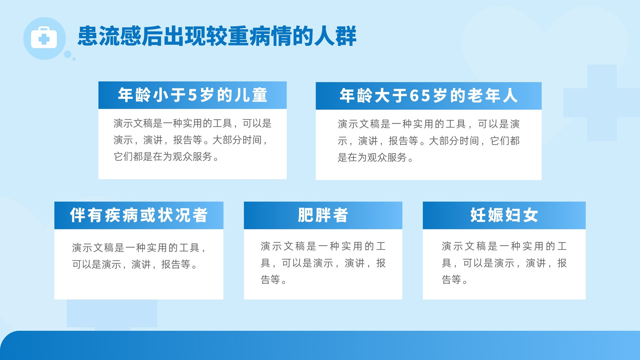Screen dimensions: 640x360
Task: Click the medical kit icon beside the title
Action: tap(44, 38)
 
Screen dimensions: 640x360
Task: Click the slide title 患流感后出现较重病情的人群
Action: tap(217, 36)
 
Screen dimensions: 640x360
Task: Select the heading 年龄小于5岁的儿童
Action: tap(192, 95)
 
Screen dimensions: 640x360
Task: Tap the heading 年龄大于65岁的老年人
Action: tap(428, 96)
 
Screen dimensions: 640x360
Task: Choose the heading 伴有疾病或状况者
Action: tap(139, 215)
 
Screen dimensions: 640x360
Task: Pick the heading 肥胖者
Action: tap(323, 215)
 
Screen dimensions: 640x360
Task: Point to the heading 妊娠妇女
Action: tap(504, 215)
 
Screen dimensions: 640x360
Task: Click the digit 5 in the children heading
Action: tap(192, 95)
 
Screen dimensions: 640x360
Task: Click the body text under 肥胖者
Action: tap(323, 263)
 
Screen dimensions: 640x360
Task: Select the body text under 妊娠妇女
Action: tap(504, 263)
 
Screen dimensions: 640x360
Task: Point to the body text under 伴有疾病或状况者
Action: tap(139, 256)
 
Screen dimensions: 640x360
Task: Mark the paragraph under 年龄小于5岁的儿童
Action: tap(192, 140)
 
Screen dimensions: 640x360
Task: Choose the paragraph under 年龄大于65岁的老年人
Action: tap(428, 140)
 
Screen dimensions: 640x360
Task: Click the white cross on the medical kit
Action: tap(44, 39)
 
